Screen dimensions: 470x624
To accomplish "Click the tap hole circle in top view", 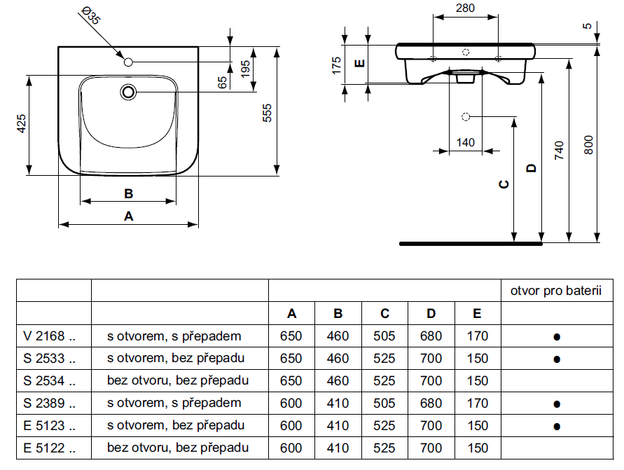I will coord(128,63).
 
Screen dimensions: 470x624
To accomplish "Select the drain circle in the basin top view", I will coord(128,91).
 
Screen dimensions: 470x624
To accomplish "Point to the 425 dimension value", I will coord(22,123).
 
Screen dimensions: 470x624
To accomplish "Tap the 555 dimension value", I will coord(267,112).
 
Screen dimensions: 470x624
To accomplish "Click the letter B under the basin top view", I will coord(128,193).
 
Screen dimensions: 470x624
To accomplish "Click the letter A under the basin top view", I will coord(128,216).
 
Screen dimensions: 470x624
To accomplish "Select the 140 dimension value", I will coord(466,142).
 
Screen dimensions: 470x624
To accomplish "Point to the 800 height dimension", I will coord(588,144).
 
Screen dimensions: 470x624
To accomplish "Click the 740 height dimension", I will coord(558,151).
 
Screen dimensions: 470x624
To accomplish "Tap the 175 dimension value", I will coord(336,66).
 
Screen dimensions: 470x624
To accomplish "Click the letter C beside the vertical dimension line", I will coord(503,184).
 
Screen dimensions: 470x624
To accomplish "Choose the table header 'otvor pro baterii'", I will coord(556,291).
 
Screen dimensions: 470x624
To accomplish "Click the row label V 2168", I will coord(49,336).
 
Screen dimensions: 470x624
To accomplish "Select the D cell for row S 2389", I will coord(431,403).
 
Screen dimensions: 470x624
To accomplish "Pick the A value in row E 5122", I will coord(291,448).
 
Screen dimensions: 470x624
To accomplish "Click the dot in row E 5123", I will coord(557,426).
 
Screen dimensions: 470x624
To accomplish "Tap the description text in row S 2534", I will coord(178,380).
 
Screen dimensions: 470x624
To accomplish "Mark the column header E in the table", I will coord(477,314).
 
